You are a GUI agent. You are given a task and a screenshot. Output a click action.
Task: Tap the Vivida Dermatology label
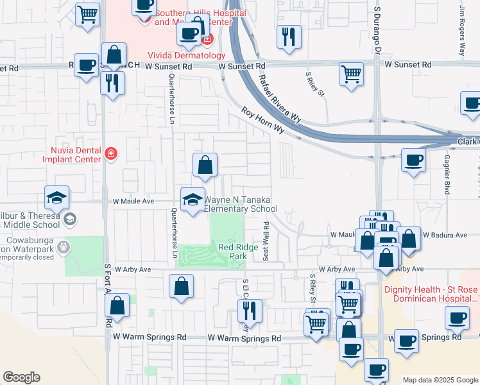[178, 55]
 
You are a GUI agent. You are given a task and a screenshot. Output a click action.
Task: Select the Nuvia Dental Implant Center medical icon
[111, 153]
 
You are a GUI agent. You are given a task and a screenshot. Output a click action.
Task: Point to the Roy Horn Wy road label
[263, 120]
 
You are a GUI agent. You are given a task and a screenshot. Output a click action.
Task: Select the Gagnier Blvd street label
[447, 173]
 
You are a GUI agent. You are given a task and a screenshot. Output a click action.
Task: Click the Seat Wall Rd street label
[265, 241]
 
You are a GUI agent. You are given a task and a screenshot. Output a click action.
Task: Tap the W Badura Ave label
[443, 235]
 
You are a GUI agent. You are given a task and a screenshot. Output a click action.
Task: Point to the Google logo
[21, 377]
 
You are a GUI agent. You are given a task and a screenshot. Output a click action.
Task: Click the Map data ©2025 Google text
[440, 380]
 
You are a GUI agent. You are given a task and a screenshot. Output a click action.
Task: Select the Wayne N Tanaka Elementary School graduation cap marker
[192, 198]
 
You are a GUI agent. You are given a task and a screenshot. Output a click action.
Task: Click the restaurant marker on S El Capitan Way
[248, 311]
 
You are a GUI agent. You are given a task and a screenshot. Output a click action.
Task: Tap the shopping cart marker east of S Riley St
[351, 74]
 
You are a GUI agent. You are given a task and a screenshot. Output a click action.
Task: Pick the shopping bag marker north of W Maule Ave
[204, 165]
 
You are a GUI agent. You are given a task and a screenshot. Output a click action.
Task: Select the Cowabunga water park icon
[63, 246]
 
